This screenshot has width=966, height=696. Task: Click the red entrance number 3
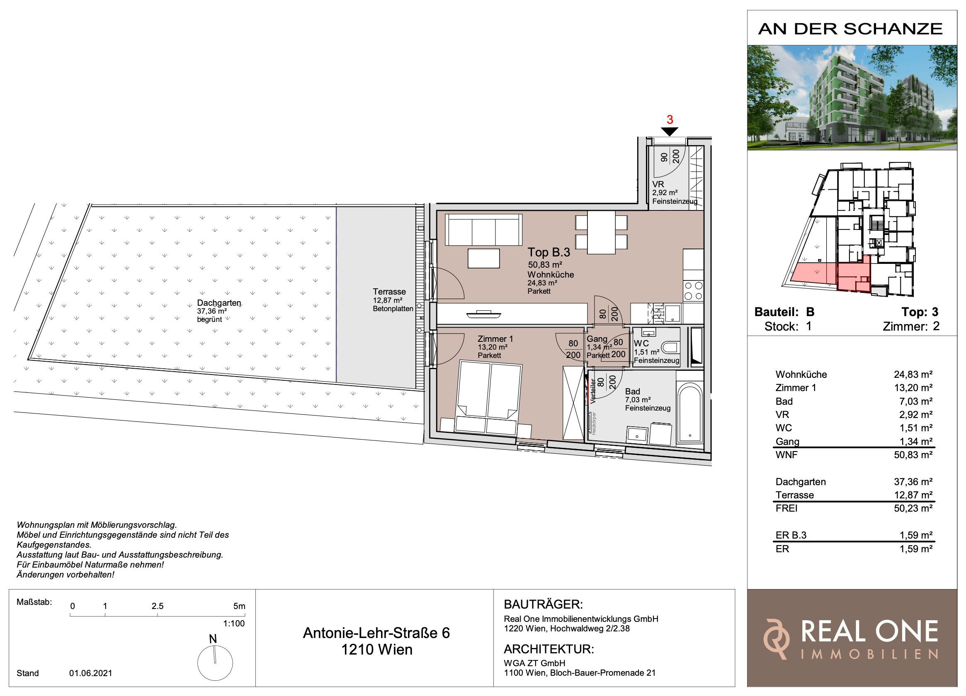(x=670, y=120)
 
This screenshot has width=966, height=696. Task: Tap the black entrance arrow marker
(x=670, y=132)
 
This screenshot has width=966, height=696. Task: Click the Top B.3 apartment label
(x=549, y=252)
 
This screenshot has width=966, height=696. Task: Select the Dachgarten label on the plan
(x=218, y=303)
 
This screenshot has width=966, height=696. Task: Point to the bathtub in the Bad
(x=689, y=413)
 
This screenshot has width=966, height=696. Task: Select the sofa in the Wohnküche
(x=483, y=230)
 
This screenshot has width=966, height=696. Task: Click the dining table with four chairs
(x=601, y=232)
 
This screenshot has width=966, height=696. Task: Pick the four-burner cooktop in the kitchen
(x=693, y=291)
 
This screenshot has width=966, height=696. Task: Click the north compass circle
(x=215, y=663)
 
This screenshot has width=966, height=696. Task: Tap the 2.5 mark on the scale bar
(x=157, y=606)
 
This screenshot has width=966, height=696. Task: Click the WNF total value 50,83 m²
(x=913, y=454)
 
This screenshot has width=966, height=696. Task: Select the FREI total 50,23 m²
(x=913, y=508)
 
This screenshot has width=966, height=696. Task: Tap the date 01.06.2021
(x=91, y=673)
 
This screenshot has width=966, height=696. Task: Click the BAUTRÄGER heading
(x=543, y=604)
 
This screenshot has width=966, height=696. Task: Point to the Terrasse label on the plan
(x=389, y=292)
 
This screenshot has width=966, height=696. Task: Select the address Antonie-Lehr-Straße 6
(x=376, y=633)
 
